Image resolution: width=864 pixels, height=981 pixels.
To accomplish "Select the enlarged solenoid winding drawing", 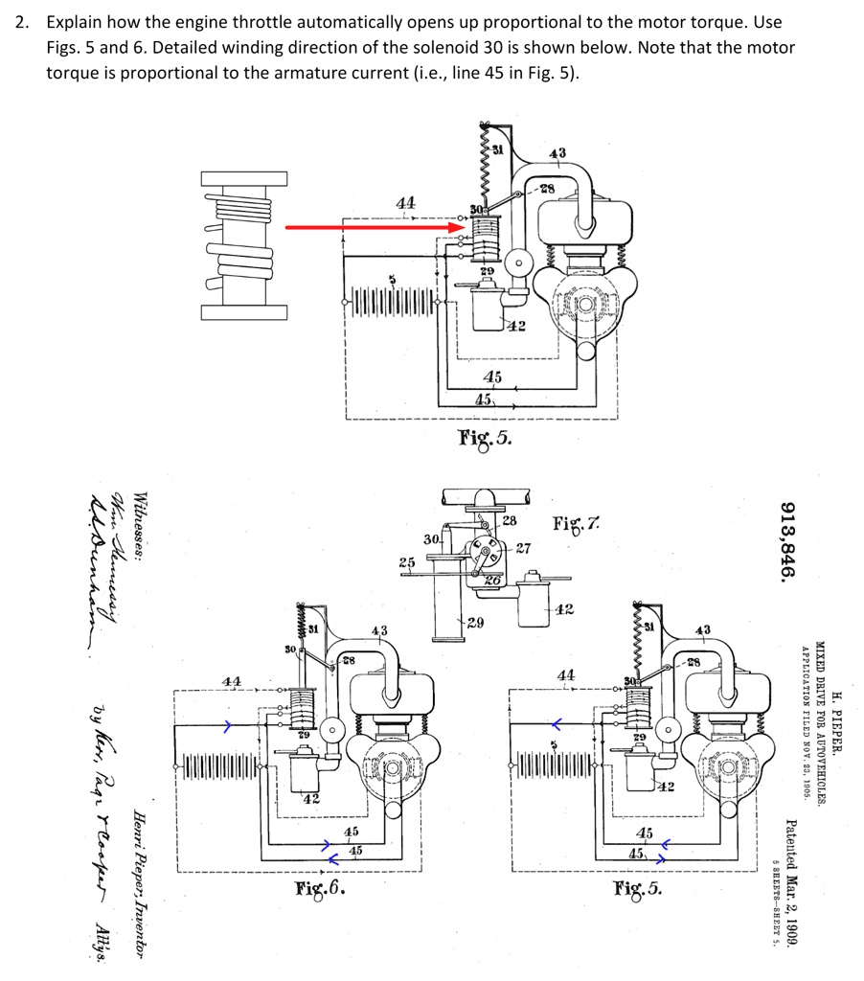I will click(x=243, y=246).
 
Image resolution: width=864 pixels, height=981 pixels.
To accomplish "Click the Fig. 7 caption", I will click(x=580, y=524).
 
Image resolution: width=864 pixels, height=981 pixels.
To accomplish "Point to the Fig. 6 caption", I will click(x=320, y=888).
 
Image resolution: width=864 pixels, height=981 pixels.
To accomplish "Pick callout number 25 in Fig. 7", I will click(x=407, y=560).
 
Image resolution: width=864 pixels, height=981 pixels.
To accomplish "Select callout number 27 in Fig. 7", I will click(x=522, y=549).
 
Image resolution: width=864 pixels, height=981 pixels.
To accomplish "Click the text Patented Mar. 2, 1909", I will click(x=788, y=882).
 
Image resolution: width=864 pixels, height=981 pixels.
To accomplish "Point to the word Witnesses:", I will click(x=141, y=532).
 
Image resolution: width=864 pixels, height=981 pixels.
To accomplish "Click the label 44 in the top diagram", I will click(x=406, y=202).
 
